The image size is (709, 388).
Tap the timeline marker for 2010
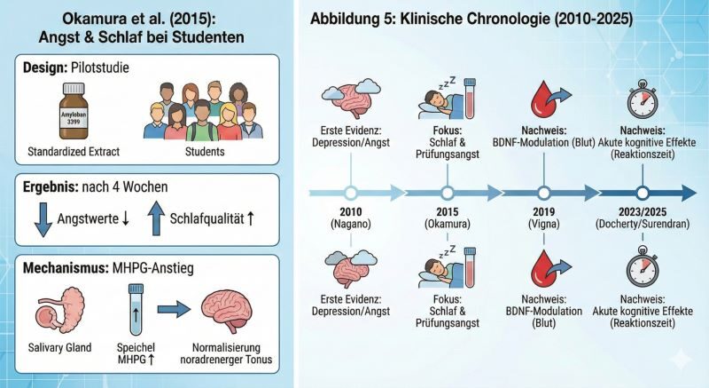[x=350, y=192]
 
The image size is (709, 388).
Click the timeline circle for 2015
[x=448, y=192]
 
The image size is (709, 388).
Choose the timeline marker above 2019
[x=544, y=192]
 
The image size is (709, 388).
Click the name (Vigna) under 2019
[x=544, y=226]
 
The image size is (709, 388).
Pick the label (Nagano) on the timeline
[x=350, y=226]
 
